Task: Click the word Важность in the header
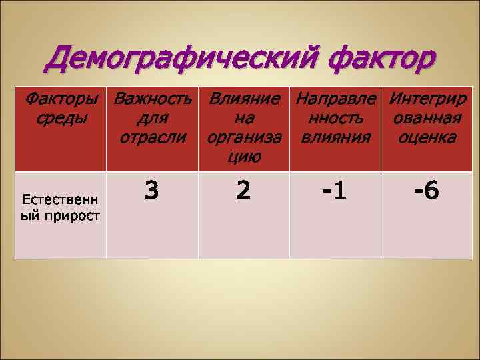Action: tap(153, 102)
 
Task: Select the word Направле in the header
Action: tap(335, 102)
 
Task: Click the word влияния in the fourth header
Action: tap(335, 138)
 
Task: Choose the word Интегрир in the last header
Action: tap(427, 102)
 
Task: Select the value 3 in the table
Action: tap(152, 192)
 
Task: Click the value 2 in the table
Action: tap(244, 192)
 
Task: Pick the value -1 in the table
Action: tap(335, 192)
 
